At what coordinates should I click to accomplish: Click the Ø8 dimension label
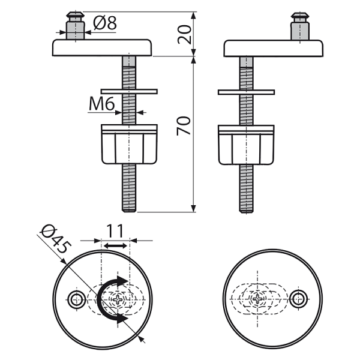coord(105,24)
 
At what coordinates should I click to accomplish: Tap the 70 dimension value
coord(185,126)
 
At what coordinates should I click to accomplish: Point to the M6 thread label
coord(101,105)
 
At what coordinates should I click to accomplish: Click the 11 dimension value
coord(115,230)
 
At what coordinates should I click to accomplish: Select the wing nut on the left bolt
coord(130,144)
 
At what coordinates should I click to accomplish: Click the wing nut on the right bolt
coord(246,144)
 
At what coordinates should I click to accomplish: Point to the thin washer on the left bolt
coord(130,91)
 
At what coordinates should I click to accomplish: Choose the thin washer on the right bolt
coord(246,91)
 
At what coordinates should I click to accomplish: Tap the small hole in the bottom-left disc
coord(76,298)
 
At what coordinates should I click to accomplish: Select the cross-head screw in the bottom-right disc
coord(259,298)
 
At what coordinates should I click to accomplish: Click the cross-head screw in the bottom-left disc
coord(119,298)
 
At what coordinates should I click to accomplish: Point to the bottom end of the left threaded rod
coord(130,208)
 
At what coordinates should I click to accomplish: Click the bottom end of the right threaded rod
coord(246,208)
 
